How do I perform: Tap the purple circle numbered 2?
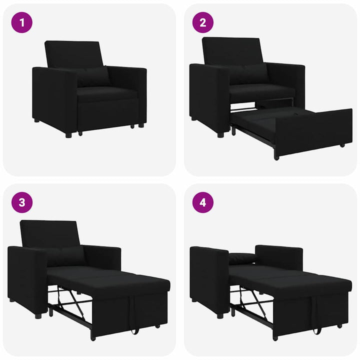coord(203,22)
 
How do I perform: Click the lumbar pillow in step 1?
coord(92,77)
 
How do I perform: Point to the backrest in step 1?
coord(74,54)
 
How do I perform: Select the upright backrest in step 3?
coord(50,233)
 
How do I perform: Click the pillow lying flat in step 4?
coord(242,258)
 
